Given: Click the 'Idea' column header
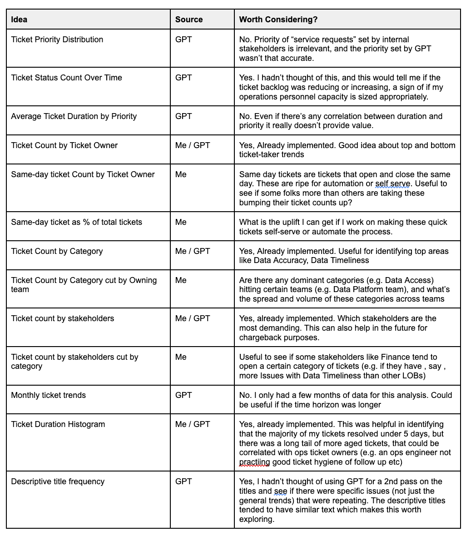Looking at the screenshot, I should (x=19, y=20).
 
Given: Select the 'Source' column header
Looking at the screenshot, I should (x=189, y=20).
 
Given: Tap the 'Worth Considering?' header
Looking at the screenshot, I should (x=278, y=20).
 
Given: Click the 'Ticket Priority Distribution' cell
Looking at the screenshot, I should (x=57, y=40).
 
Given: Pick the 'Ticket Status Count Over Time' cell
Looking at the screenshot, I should (x=67, y=78).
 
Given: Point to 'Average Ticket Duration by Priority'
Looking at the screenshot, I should (x=74, y=116).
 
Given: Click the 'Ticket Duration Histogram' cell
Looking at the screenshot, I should (x=58, y=424).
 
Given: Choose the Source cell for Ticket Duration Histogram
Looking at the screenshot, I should (x=193, y=424).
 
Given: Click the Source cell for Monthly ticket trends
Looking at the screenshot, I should (x=183, y=395).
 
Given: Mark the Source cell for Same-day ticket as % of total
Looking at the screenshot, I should (x=181, y=222).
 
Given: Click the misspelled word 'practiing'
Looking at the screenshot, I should (x=254, y=462).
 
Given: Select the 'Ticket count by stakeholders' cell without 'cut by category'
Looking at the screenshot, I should (x=63, y=318).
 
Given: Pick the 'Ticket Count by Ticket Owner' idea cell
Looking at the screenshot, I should (x=64, y=145).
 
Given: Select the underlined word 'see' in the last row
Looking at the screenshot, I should (x=280, y=491).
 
